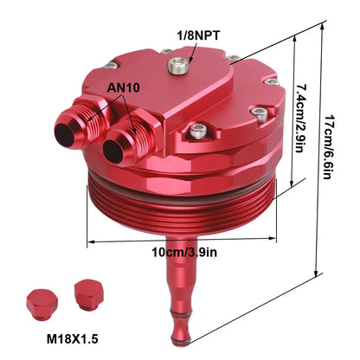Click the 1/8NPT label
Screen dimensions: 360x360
tap(198, 35)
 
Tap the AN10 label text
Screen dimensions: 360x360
tap(123, 87)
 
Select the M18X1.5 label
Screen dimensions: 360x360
tap(73, 339)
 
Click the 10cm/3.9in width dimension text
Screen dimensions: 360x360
tap(184, 253)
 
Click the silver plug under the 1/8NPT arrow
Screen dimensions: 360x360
tap(178, 65)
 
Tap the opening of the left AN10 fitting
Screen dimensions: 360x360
tap(65, 135)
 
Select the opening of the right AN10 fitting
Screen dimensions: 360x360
tap(112, 151)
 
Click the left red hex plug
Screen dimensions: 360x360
tap(42, 304)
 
